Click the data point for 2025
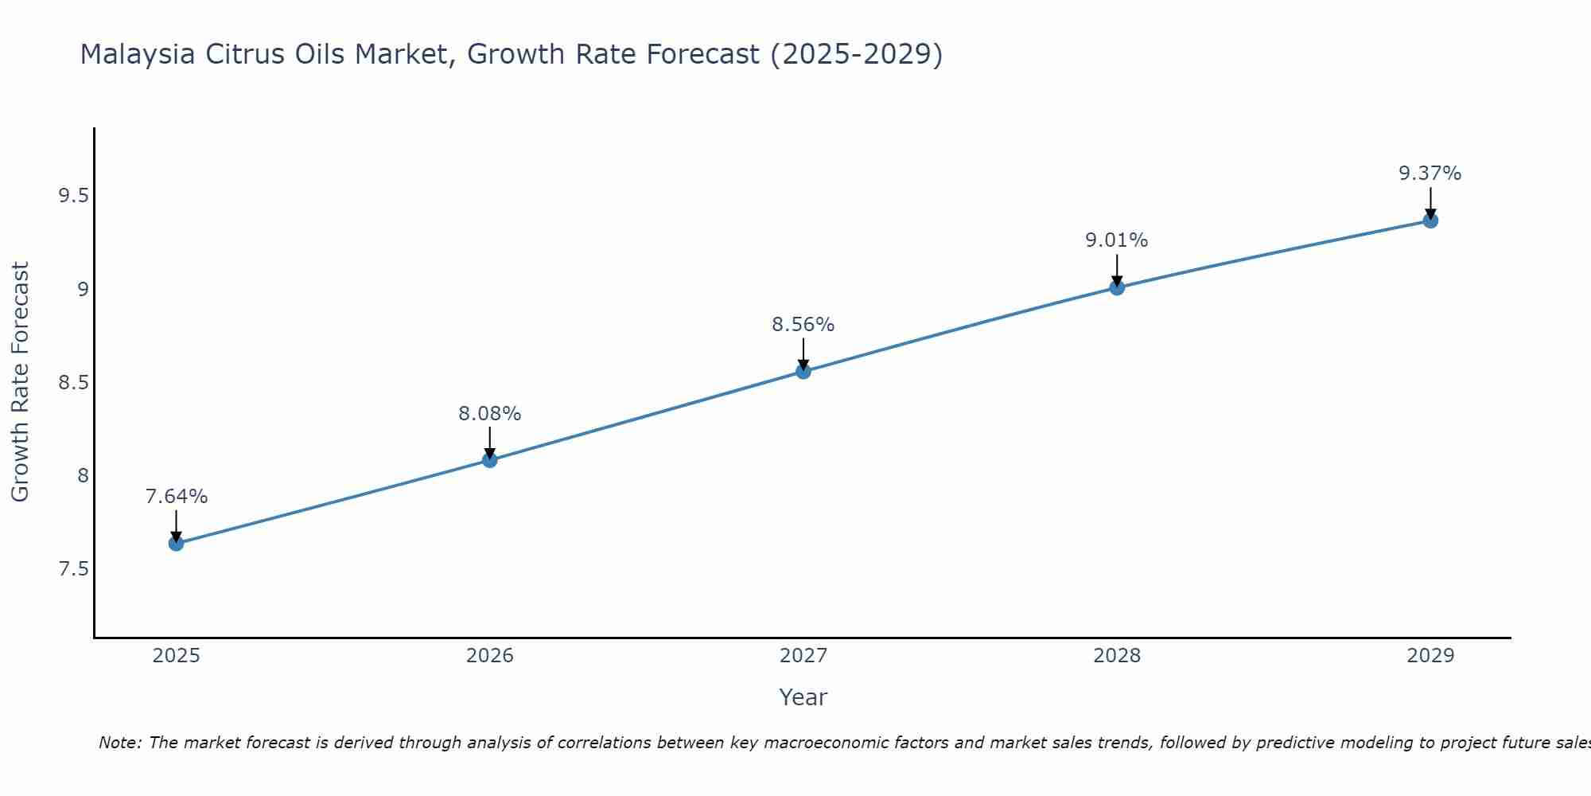click(176, 544)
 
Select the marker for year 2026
click(490, 460)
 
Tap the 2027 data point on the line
click(803, 371)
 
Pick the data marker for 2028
click(1117, 287)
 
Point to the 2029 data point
click(1430, 220)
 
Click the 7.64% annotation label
click(176, 497)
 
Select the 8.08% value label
click(490, 414)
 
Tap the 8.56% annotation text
click(803, 325)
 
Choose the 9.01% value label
click(1117, 240)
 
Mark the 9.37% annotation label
click(1430, 174)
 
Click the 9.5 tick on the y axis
click(73, 196)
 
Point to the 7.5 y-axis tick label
click(73, 569)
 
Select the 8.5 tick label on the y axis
click(73, 383)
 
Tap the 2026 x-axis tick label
click(490, 656)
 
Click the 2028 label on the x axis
click(1117, 656)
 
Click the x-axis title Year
click(803, 697)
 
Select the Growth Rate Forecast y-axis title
click(20, 382)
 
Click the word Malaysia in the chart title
click(138, 55)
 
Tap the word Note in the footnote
click(119, 743)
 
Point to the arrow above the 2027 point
click(803, 353)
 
